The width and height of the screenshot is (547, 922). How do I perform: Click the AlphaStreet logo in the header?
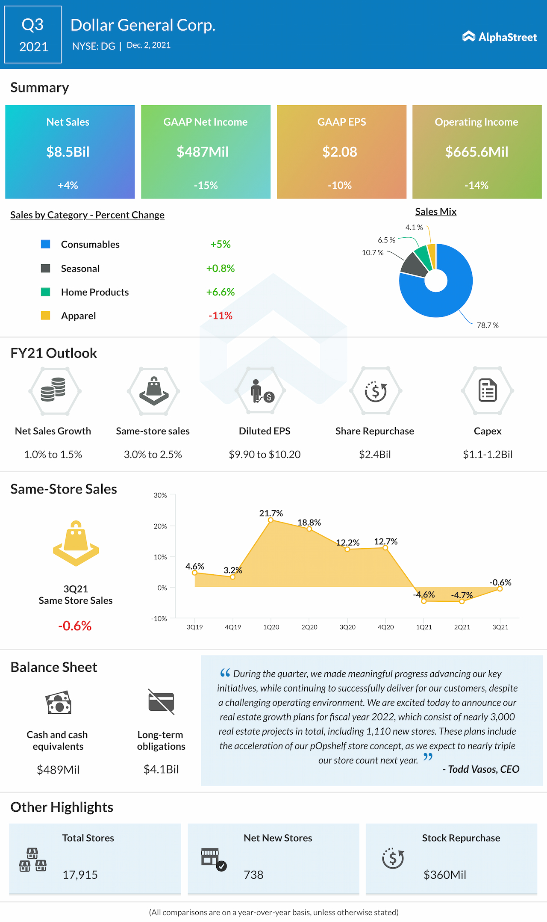499,37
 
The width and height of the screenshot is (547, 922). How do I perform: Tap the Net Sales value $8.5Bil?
68,152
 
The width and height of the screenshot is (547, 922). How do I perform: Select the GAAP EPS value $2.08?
340,152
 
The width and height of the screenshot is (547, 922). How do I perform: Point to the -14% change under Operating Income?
476,185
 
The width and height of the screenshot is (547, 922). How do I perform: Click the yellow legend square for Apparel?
45,316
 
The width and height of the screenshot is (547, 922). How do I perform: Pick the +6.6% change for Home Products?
221,292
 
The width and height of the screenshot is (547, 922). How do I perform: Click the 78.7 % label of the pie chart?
488,325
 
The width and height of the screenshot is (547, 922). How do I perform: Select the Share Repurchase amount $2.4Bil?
375,454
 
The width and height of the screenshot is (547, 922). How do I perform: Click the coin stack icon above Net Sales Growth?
53,390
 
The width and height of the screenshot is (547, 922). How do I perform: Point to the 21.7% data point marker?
271,520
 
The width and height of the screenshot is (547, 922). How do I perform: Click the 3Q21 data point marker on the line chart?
500,589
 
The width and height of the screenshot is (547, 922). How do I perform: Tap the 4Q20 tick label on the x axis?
385,627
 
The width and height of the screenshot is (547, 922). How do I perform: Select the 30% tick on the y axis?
160,495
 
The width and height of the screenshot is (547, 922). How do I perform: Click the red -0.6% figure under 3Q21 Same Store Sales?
75,626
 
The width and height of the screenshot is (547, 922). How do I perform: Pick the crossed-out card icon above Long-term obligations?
161,702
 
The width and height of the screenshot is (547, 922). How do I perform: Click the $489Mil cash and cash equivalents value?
58,770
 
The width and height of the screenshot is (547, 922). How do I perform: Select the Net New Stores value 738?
253,875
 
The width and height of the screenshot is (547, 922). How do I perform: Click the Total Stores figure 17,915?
80,875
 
